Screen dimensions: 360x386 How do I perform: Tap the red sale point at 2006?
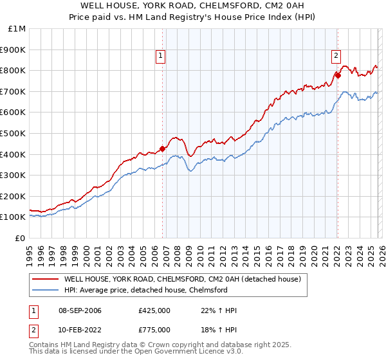click(162, 148)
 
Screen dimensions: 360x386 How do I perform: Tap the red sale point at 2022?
click(337, 75)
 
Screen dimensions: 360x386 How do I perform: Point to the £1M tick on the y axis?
click(18, 29)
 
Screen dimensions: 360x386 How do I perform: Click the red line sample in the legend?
click(45, 280)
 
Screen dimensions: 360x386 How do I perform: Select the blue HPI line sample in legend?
click(45, 291)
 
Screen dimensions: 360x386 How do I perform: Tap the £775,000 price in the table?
click(154, 329)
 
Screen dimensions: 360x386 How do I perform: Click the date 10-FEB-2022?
click(80, 329)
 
